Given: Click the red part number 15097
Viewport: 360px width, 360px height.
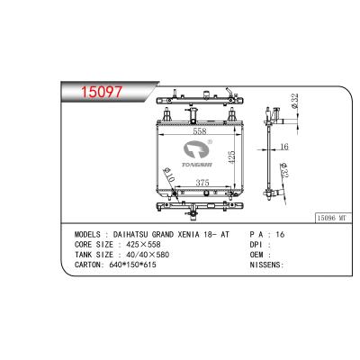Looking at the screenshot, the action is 102,92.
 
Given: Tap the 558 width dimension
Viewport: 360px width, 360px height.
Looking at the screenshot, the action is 200,131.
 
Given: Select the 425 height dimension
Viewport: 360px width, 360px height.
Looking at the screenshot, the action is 231,157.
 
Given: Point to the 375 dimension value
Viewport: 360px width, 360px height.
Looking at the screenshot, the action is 202,183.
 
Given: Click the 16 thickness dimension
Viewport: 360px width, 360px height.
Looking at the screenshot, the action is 283,147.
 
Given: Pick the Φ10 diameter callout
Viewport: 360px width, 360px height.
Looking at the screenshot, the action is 168,174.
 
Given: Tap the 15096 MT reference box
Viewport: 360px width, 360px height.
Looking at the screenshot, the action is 333,218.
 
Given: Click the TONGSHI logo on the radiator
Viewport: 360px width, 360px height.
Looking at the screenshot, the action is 198,153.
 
